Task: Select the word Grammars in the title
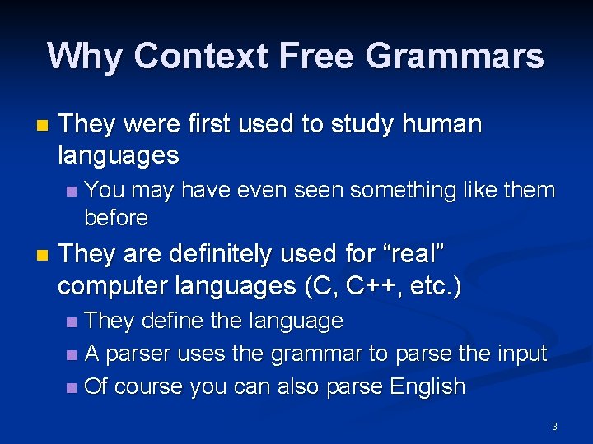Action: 454,56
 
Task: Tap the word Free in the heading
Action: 318,56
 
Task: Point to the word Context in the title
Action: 202,56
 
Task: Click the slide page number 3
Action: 554,426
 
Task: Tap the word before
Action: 116,218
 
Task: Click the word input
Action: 521,354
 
